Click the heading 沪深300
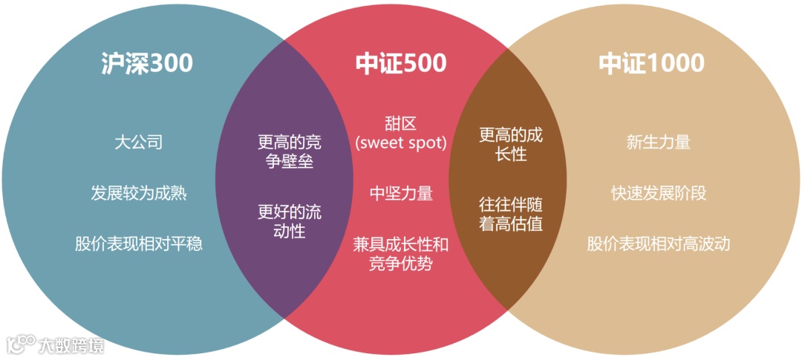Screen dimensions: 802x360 pyautogui.click(x=146, y=63)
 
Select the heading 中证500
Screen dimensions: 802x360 pyautogui.click(x=401, y=63)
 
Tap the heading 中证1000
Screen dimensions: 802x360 pyautogui.click(x=651, y=63)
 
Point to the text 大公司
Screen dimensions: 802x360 pyautogui.click(x=139, y=142)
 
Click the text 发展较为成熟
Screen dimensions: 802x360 pyautogui.click(x=139, y=194)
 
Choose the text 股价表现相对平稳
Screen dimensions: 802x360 pyautogui.click(x=139, y=243)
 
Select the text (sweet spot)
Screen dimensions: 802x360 pyautogui.click(x=401, y=143)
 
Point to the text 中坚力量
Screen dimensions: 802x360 pyautogui.click(x=401, y=194)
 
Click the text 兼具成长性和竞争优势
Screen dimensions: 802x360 pyautogui.click(x=401, y=253)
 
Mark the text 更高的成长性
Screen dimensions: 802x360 pyautogui.click(x=511, y=144)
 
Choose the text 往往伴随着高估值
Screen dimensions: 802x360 pyautogui.click(x=511, y=212)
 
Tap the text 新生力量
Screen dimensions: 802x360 pyautogui.click(x=659, y=142)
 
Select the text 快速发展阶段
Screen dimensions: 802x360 pyautogui.click(x=659, y=194)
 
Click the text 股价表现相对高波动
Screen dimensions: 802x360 pyautogui.click(x=659, y=243)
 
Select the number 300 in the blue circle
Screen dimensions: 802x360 pyautogui.click(x=171, y=63)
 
